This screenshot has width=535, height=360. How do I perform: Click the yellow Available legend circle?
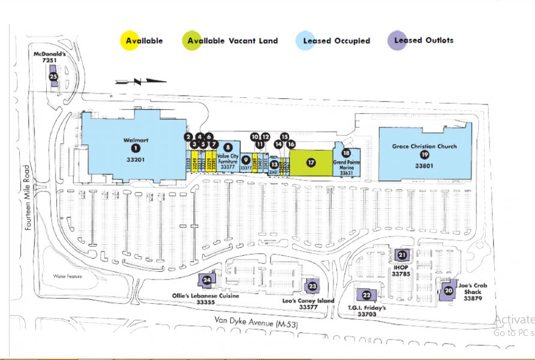click(x=131, y=41)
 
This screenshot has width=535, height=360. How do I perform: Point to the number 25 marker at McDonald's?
click(x=53, y=77)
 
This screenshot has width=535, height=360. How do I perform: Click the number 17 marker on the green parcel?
click(x=310, y=162)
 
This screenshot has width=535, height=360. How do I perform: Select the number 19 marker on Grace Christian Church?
click(x=425, y=154)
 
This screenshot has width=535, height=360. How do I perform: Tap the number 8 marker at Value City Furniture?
click(x=228, y=146)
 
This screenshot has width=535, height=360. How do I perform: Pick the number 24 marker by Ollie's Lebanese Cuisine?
click(x=207, y=280)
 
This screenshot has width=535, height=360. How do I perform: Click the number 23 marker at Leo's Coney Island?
click(x=312, y=286)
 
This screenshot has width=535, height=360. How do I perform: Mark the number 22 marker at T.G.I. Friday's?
click(x=366, y=295)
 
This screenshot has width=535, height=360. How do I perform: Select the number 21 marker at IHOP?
click(x=402, y=255)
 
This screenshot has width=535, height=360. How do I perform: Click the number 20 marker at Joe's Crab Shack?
click(x=448, y=291)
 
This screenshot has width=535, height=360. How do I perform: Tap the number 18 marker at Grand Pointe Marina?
click(x=346, y=153)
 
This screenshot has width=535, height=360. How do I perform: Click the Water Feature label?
click(x=67, y=277)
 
